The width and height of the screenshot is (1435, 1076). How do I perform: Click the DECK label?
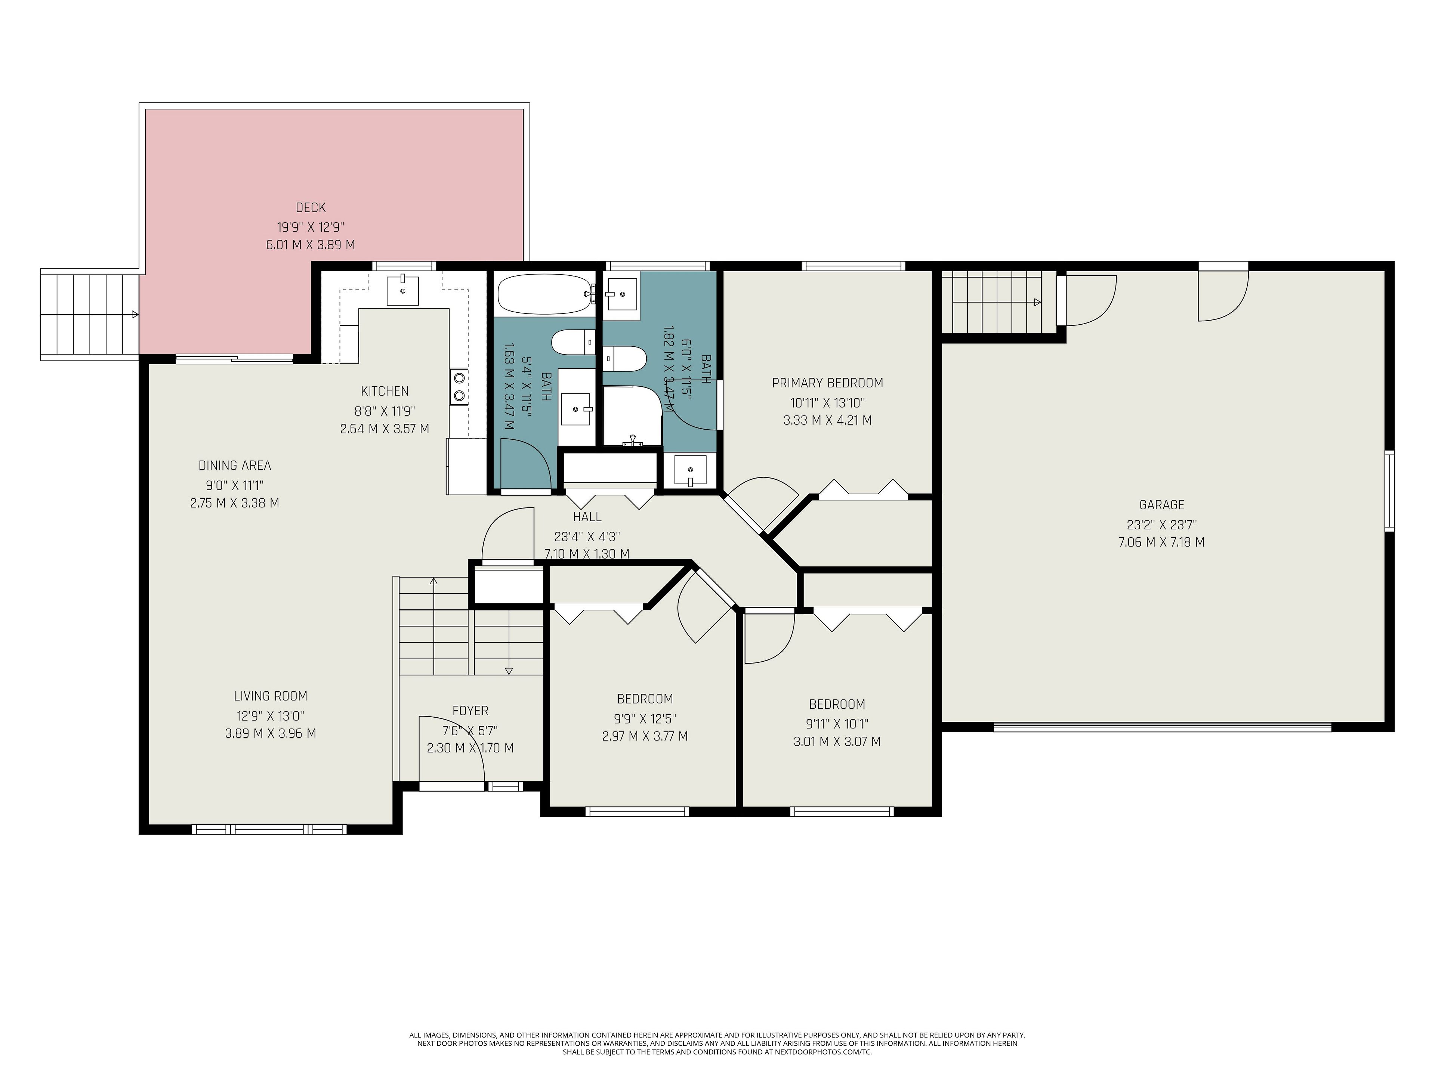point(311,208)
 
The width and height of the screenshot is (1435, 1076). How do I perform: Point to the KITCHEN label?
point(385,391)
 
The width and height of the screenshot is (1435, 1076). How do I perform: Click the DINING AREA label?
point(235,465)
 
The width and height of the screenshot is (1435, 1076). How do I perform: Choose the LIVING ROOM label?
point(271,696)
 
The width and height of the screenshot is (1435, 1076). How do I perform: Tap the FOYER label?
point(470,711)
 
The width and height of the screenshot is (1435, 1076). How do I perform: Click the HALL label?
point(587,517)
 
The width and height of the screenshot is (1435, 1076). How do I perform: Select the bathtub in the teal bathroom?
point(545,294)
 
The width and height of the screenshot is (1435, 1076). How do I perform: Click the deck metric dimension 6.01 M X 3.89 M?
point(311,245)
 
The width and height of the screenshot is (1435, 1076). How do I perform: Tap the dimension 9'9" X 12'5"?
point(645,718)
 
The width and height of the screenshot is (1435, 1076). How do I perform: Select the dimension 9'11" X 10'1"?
point(837,723)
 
